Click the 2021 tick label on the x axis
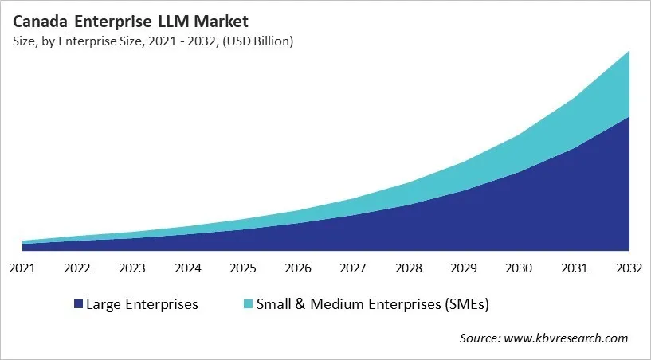[22, 268]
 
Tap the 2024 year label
[187, 268]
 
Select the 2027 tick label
[353, 268]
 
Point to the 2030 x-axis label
[519, 268]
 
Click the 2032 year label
[629, 268]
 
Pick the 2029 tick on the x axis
[464, 268]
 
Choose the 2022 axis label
[77, 268]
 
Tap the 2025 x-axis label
[243, 268]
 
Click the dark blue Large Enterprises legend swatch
[78, 304]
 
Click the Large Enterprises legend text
[142, 303]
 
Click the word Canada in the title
[40, 22]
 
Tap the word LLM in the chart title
[176, 22]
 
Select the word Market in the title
[223, 22]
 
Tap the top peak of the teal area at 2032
[629, 52]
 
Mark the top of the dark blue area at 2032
[629, 118]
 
